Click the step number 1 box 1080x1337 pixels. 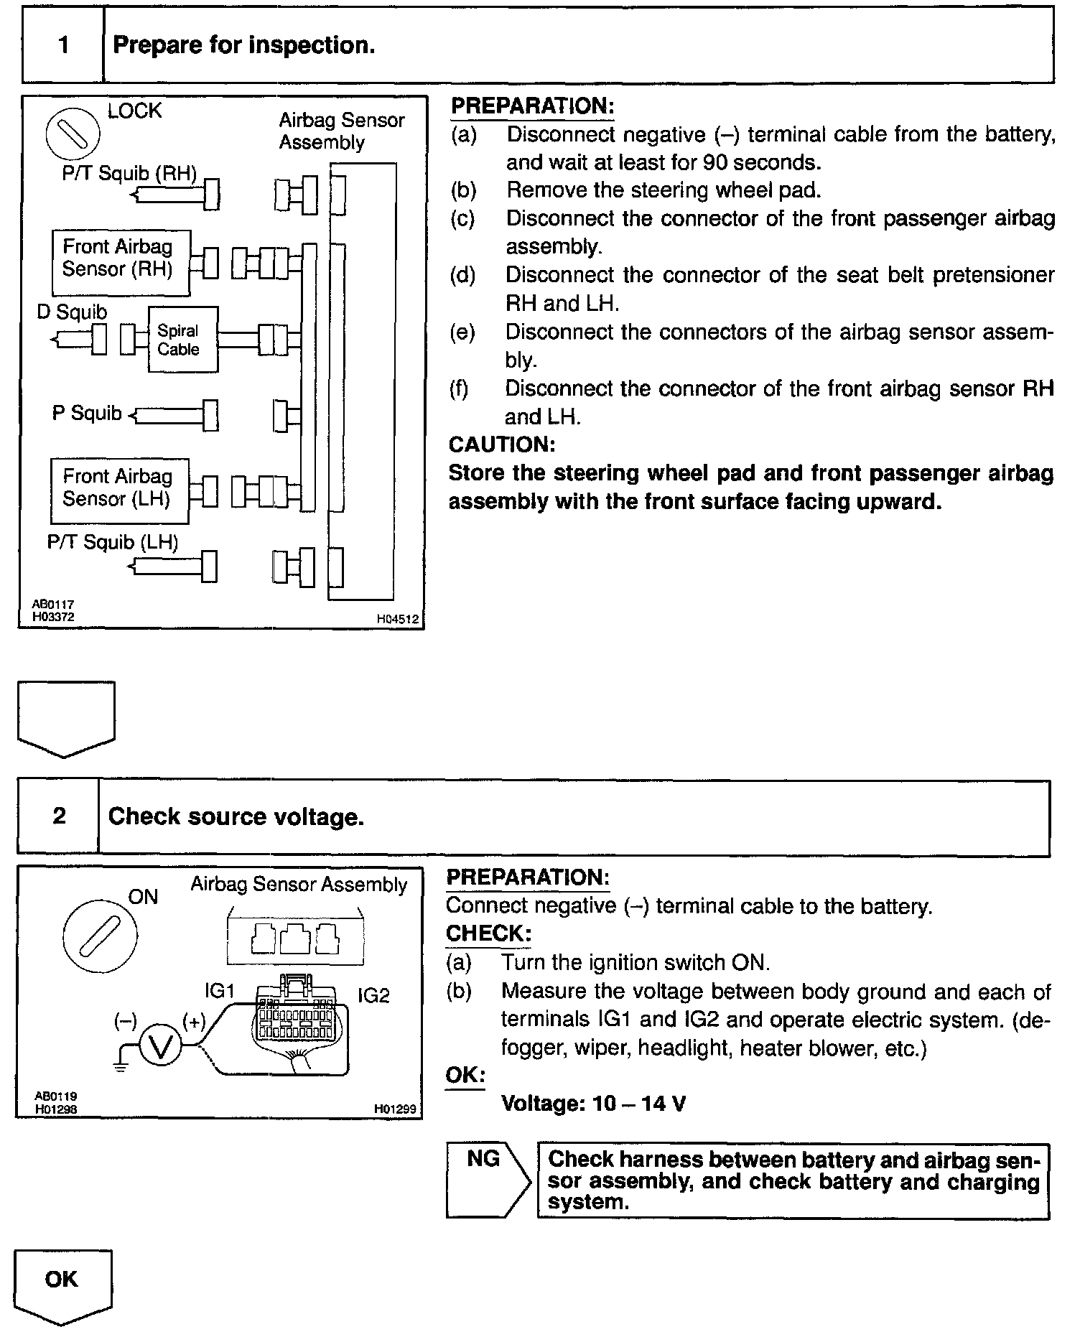pyautogui.click(x=63, y=45)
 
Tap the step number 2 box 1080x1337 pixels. pyautogui.click(x=59, y=816)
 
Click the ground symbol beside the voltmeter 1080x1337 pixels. pyautogui.click(x=121, y=1066)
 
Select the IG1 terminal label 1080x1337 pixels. pyautogui.click(x=220, y=991)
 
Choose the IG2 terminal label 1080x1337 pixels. pyautogui.click(x=373, y=995)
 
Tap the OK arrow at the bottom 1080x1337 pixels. pyautogui.click(x=62, y=1280)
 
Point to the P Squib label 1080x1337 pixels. pyautogui.click(x=87, y=414)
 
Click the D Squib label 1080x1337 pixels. pyautogui.click(x=72, y=312)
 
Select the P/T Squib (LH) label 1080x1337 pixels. pyautogui.click(x=113, y=542)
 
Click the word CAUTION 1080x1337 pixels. pyautogui.click(x=502, y=444)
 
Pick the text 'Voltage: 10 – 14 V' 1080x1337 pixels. pyautogui.click(x=593, y=1103)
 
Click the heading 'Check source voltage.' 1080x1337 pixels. pyautogui.click(x=236, y=816)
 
